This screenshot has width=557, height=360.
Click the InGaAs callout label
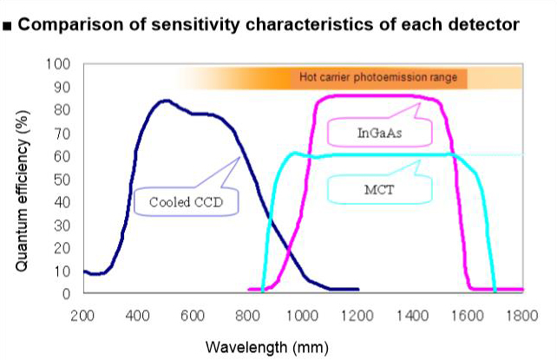click(380, 133)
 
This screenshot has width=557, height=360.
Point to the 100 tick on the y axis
click(61, 65)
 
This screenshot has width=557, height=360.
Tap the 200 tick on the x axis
click(82, 315)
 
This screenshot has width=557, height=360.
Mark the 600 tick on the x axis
click(192, 315)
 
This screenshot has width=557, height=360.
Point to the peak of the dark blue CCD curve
click(166, 100)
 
